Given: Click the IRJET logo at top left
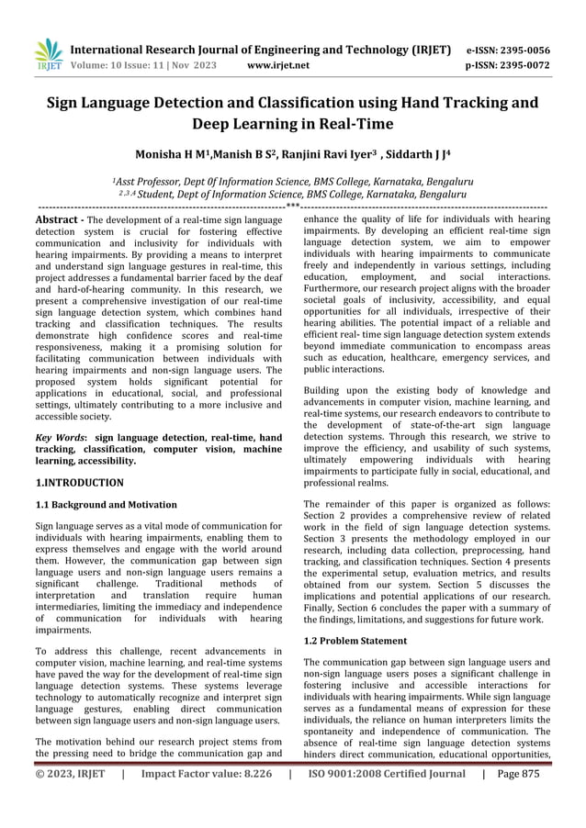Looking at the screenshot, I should pyautogui.click(x=45, y=55).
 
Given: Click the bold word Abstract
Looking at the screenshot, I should pyautogui.click(x=60, y=221).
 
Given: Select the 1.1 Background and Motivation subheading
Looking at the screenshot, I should pyautogui.click(x=106, y=505).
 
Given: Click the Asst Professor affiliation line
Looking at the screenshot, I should pyautogui.click(x=292, y=181).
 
